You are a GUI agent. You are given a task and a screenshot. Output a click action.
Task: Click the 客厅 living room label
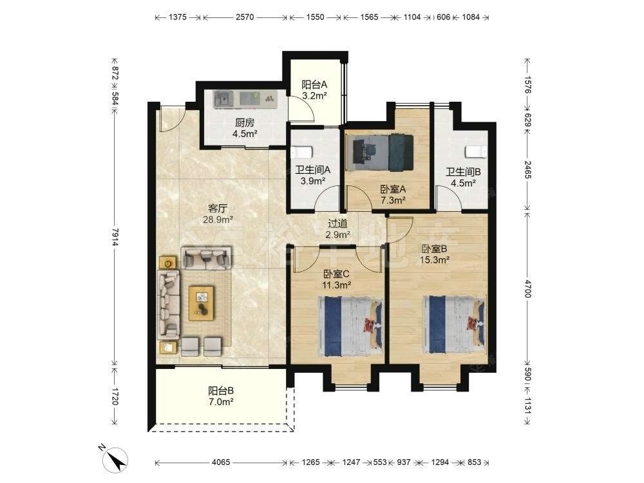pos(217,209)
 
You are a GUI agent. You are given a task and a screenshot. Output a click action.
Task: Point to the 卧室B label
pos(434,249)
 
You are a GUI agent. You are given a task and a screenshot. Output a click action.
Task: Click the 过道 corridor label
pos(337,224)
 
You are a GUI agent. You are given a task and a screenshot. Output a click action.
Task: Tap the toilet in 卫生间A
pos(301,153)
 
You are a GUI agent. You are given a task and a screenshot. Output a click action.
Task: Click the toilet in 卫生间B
pos(476,152)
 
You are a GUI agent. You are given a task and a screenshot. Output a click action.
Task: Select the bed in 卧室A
pos(379,153)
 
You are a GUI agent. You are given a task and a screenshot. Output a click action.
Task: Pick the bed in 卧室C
pos(350,326)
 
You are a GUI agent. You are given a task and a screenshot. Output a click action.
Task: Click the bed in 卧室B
pos(454,325)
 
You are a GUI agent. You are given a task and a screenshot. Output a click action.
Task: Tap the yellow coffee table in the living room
pos(201,303)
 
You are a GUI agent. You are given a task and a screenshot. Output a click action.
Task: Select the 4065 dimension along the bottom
pos(221,462)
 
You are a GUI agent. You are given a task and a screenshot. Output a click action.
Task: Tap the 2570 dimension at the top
pos(245,17)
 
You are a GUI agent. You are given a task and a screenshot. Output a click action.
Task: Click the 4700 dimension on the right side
pos(528,289)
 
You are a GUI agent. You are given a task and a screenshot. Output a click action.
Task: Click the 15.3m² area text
pos(435,260)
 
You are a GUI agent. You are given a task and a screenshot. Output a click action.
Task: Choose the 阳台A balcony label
pos(314,85)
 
